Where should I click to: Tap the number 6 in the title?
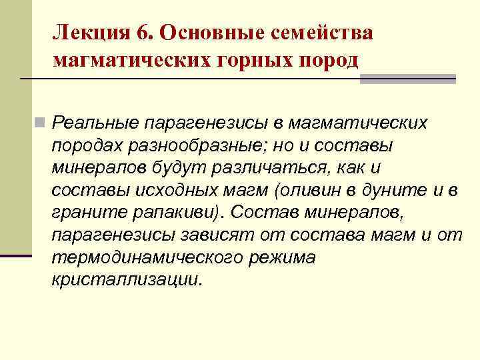click(x=147, y=33)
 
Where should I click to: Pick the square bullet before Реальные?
click(x=41, y=123)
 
